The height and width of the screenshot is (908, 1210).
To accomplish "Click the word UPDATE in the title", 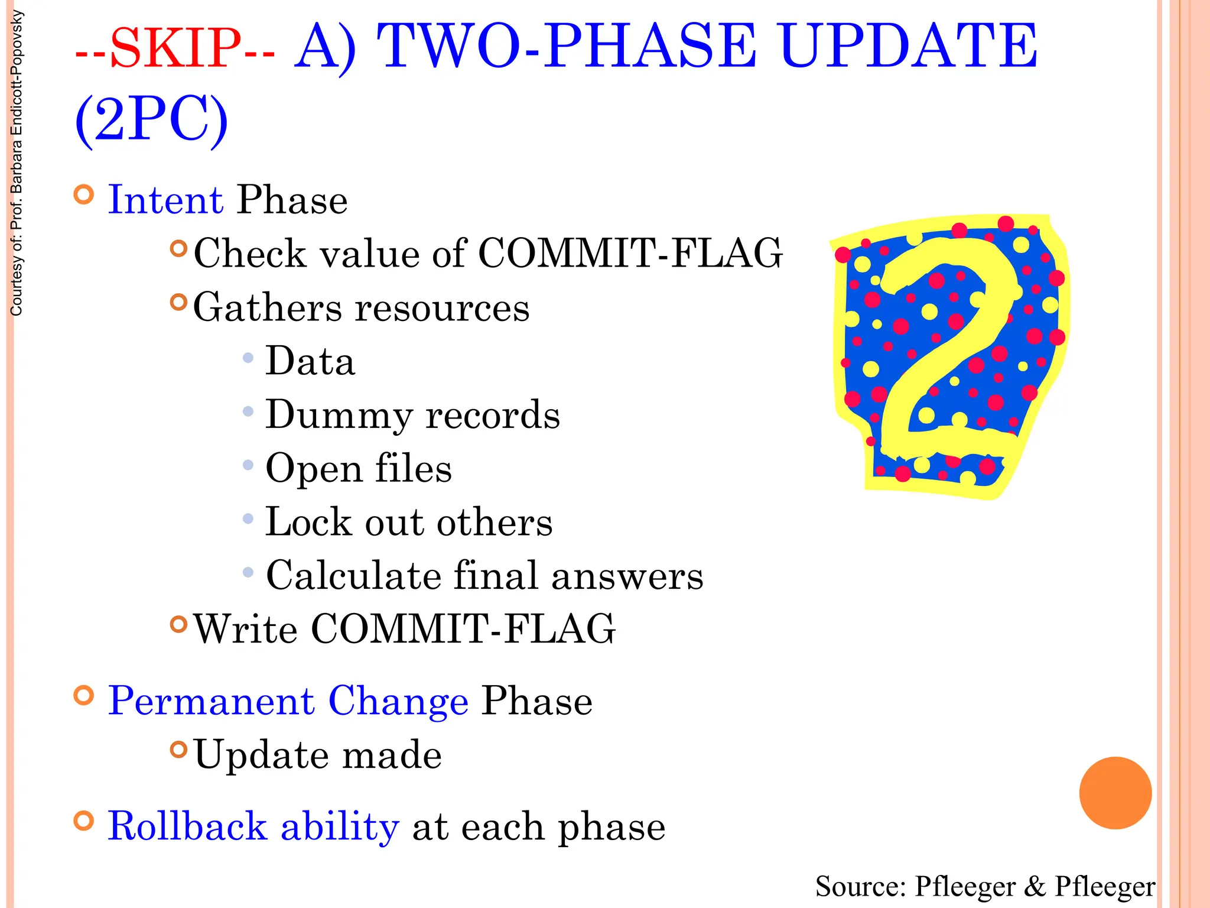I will tap(907, 46).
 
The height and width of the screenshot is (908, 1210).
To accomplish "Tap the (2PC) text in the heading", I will tap(151, 119).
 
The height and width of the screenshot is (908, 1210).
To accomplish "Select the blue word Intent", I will tap(165, 200).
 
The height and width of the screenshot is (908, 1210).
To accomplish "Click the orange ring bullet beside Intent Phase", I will tap(84, 194).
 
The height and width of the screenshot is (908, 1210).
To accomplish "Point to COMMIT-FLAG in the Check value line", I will tap(630, 254).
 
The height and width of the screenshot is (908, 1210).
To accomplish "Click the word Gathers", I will tap(268, 308).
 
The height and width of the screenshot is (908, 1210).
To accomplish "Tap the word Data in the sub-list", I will tap(310, 361).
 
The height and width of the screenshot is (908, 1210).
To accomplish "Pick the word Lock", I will tap(308, 522).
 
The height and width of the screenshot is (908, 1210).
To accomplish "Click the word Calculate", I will tap(353, 576).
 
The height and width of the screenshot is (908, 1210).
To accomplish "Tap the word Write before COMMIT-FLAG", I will tap(246, 629).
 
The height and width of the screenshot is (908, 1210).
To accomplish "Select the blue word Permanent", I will tap(211, 701).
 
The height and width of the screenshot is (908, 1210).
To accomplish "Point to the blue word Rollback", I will tap(187, 826).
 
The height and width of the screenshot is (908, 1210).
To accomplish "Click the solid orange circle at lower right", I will tap(1115, 793).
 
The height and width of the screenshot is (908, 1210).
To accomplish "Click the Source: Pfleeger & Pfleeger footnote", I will tap(985, 886).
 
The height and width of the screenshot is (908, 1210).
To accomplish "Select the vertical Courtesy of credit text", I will tap(17, 163).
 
